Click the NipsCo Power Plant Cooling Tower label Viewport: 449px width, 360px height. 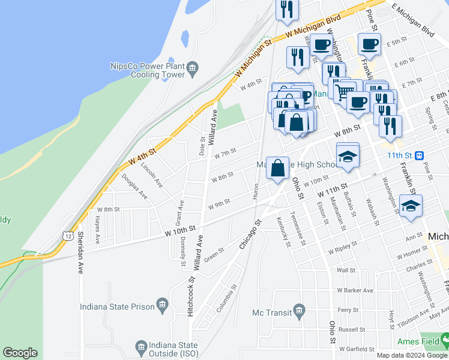click(x=147, y=70)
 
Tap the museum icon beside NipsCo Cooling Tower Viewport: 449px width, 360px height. click(x=192, y=67)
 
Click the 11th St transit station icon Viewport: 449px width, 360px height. click(x=420, y=154)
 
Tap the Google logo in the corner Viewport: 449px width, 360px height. click(x=20, y=353)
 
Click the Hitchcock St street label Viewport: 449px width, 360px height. click(x=191, y=296)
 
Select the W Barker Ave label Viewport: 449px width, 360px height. click(x=355, y=290)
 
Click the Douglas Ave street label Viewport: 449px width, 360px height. click(x=134, y=186)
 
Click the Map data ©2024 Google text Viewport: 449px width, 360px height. click(x=411, y=355)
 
